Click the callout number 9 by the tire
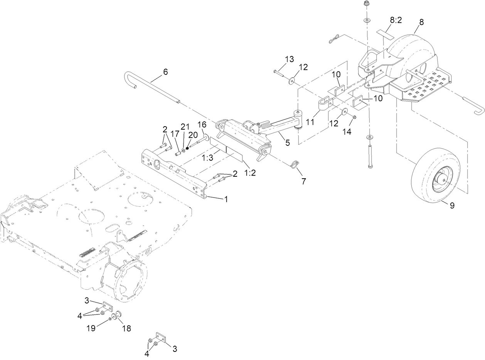click(452, 206)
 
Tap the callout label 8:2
click(394, 20)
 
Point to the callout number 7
click(304, 181)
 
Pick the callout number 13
click(290, 59)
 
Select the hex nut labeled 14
click(354, 117)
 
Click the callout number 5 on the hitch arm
click(287, 142)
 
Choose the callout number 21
click(185, 127)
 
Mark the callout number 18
click(126, 328)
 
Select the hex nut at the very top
click(366, 4)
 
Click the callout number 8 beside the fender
click(421, 22)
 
